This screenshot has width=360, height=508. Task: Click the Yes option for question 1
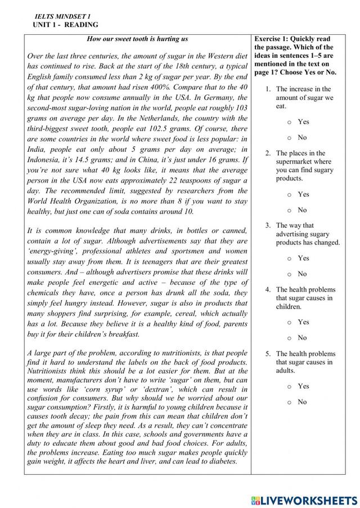[x=289, y=122]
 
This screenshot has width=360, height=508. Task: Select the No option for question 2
[x=289, y=210]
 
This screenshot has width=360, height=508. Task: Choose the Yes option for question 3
[x=289, y=258]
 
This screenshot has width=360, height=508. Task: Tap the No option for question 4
[x=289, y=338]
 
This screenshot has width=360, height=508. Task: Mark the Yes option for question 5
[x=289, y=387]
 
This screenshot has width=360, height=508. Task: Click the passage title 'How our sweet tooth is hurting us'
[x=138, y=39]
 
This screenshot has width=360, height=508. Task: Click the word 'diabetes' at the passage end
[x=220, y=461]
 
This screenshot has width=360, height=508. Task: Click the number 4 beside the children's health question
[x=269, y=290]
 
